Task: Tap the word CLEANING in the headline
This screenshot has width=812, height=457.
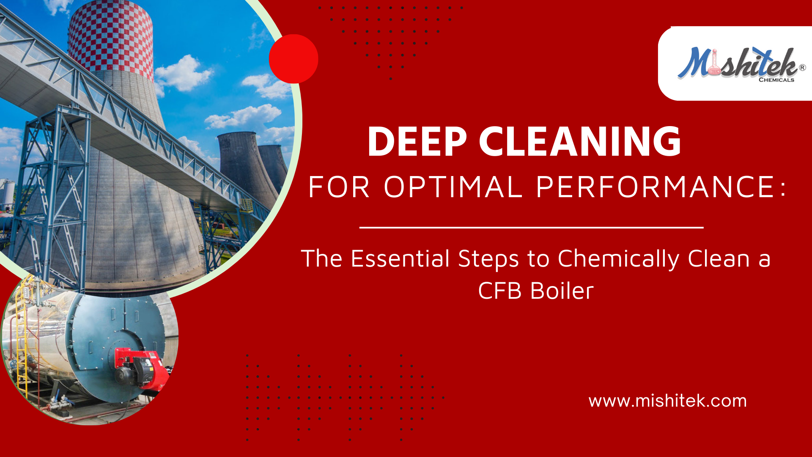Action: [580, 141]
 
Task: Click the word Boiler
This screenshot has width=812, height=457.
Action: [562, 291]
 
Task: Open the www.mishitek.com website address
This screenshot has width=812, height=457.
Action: [667, 401]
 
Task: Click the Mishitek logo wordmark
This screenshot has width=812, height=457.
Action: [738, 63]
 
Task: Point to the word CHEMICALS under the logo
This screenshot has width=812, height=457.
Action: [776, 80]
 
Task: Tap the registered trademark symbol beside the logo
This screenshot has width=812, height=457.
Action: [802, 67]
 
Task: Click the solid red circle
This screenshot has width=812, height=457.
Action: [294, 59]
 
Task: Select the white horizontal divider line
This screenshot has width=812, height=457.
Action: [532, 228]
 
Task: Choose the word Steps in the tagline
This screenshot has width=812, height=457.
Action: [488, 259]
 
